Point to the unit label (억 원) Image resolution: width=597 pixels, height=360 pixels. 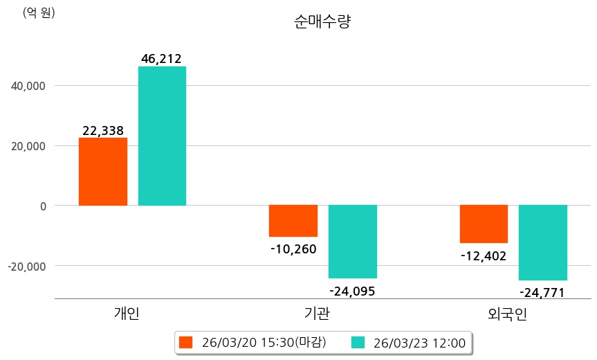click(39, 12)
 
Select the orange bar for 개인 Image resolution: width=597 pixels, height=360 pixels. click(103, 172)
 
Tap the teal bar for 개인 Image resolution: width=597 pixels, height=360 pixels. click(162, 136)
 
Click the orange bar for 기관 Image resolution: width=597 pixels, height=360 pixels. click(293, 221)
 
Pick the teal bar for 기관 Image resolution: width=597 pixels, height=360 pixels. click(352, 242)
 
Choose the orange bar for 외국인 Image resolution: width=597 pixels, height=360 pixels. click(484, 224)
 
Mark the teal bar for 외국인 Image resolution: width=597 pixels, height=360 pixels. click(543, 243)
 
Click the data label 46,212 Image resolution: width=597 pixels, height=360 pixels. click(161, 59)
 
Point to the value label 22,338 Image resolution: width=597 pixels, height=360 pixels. click(103, 130)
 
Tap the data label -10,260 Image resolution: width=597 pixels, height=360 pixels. click(293, 249)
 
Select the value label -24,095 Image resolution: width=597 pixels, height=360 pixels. click(352, 291)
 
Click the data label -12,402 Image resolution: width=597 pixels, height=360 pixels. click(484, 255)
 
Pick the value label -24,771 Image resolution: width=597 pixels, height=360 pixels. click(542, 292)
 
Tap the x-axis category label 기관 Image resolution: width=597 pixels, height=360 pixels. click(317, 314)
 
